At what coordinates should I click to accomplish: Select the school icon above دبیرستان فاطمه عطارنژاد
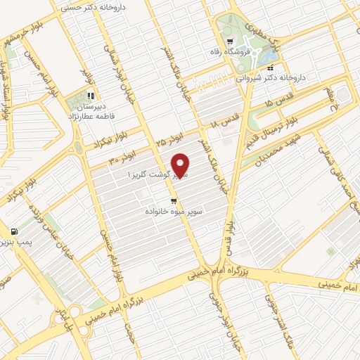(x=90, y=95)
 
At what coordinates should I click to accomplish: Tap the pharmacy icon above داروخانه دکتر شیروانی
(x=271, y=67)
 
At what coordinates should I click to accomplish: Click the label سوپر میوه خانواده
(x=174, y=210)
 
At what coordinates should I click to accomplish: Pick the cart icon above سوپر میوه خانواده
(x=174, y=200)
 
